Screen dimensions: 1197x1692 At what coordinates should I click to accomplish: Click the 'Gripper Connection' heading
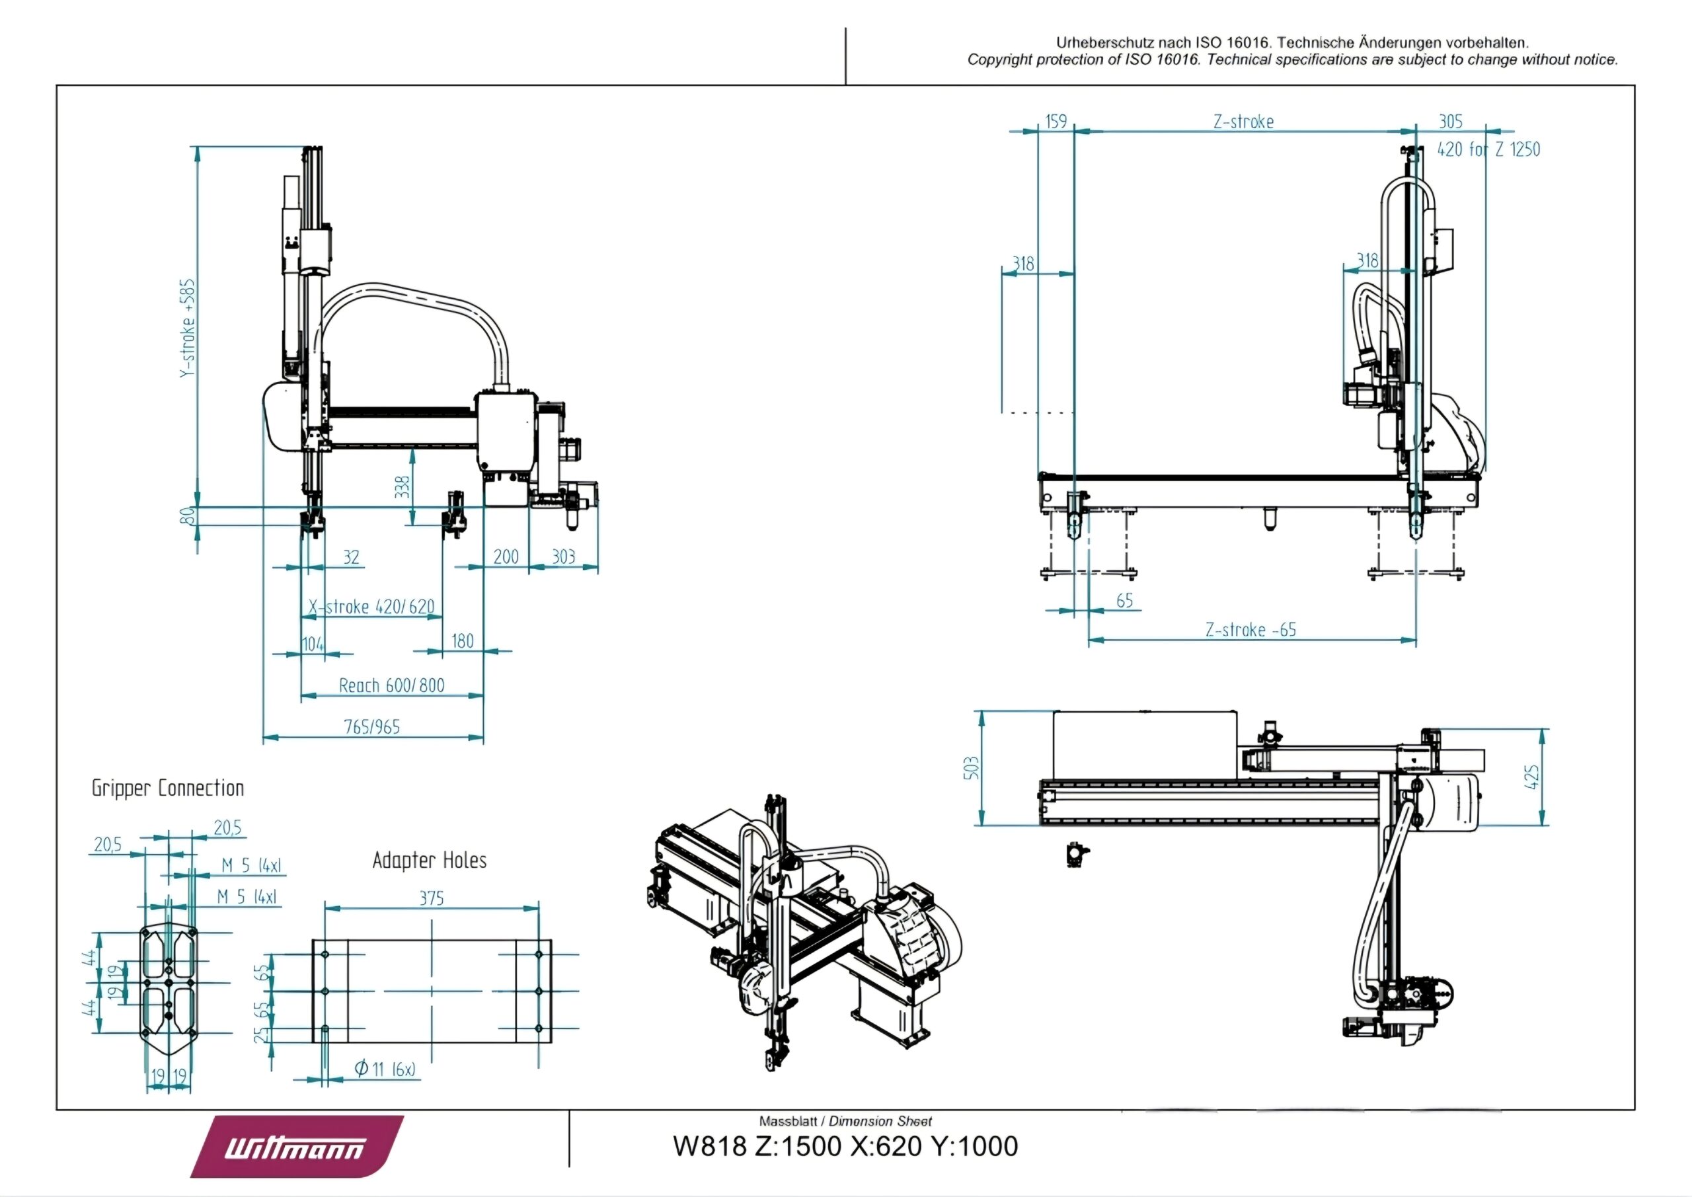pos(167,788)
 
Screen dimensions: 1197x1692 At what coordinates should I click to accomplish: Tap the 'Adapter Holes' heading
pos(429,860)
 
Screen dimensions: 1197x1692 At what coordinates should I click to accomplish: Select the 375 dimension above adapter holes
pos(431,898)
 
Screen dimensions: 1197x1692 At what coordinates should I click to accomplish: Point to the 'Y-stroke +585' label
pos(188,328)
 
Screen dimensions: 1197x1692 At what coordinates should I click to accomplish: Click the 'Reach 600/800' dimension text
pos(391,685)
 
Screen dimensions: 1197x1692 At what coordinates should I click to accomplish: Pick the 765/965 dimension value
pos(372,728)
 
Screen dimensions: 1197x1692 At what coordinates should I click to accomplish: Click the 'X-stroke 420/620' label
pos(371,607)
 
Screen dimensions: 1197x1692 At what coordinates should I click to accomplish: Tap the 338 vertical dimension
pos(403,487)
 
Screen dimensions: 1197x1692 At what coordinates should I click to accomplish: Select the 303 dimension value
pos(563,557)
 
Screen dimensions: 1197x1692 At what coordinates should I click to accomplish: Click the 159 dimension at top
pos(1056,122)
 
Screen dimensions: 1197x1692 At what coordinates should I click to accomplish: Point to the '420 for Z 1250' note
pos(1488,149)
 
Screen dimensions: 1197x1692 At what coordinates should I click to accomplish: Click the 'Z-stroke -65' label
pos(1250,630)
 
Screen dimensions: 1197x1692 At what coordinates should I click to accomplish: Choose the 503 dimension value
pos(973,767)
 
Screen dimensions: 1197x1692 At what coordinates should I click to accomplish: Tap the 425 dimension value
pos(1531,777)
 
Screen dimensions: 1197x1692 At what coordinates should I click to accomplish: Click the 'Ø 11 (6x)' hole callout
pos(385,1069)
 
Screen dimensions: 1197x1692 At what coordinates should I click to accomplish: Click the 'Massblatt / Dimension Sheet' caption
pos(845,1121)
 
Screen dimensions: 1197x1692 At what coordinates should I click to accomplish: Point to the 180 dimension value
pos(462,641)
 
